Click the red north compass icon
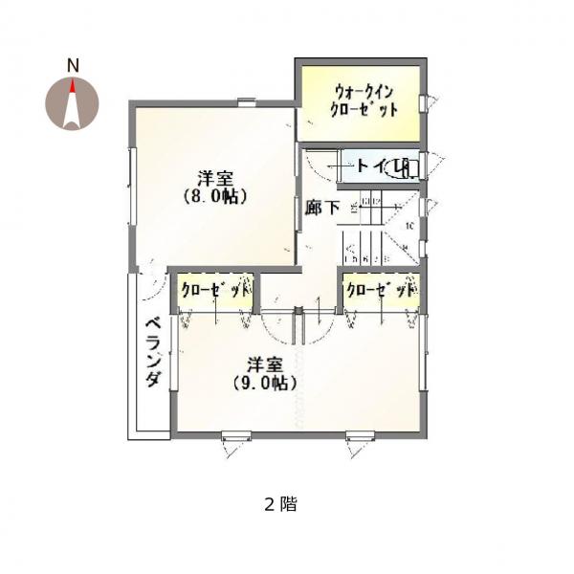[x=72, y=102]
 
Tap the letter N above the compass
[x=72, y=65]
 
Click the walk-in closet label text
[x=364, y=100]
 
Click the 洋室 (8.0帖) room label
[x=216, y=187]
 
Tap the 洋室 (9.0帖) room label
[x=264, y=373]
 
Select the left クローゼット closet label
[x=214, y=289]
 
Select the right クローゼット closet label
[x=382, y=289]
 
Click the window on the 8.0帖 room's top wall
[x=247, y=101]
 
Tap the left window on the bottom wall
[x=236, y=438]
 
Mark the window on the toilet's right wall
[x=428, y=165]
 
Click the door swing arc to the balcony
[x=151, y=279]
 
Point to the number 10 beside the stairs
[x=408, y=227]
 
